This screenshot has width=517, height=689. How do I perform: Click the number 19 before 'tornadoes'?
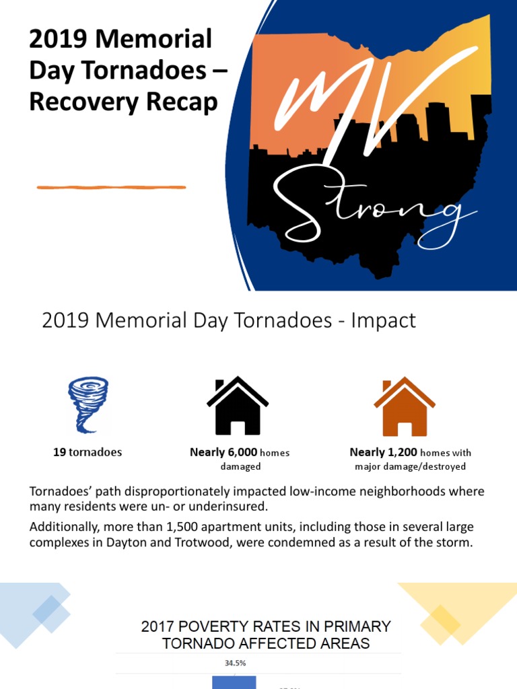click(x=59, y=452)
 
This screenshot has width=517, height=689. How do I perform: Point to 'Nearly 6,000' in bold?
click(x=223, y=452)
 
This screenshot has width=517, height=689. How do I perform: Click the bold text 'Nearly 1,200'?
click(x=383, y=452)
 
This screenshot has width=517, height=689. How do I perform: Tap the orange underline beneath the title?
click(x=111, y=187)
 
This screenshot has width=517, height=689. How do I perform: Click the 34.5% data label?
click(x=235, y=663)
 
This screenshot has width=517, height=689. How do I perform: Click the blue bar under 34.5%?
click(x=234, y=682)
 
